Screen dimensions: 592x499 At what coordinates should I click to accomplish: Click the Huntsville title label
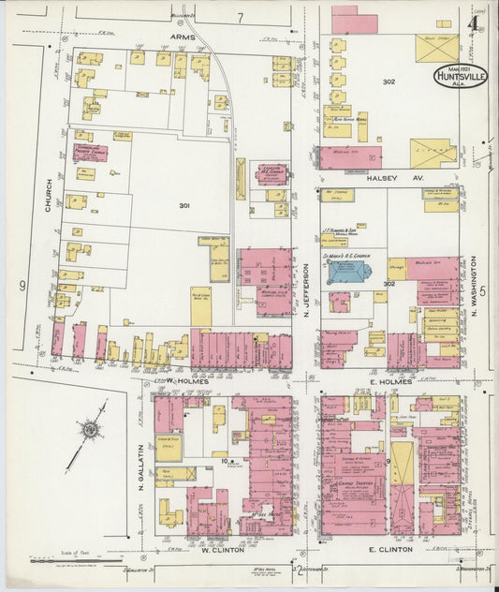[x=460, y=77]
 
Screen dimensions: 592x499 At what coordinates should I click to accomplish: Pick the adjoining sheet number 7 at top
[x=240, y=17]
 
